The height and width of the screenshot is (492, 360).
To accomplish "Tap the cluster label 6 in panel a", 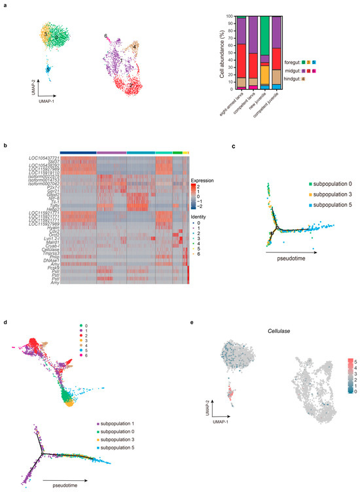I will [105, 35].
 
